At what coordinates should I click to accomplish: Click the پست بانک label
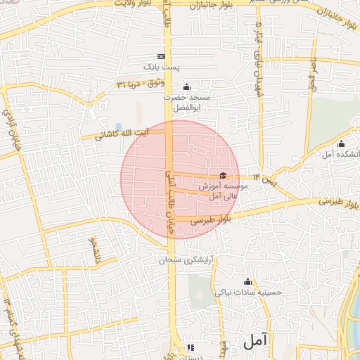point(158,66)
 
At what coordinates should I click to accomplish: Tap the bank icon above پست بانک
point(162,56)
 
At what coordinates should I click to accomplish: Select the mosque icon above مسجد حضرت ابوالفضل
point(185,87)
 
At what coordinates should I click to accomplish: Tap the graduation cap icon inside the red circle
point(223,176)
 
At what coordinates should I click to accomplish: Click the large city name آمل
point(256,342)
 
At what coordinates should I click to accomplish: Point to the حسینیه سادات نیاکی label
point(247,292)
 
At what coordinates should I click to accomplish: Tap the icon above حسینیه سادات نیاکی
point(247,282)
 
